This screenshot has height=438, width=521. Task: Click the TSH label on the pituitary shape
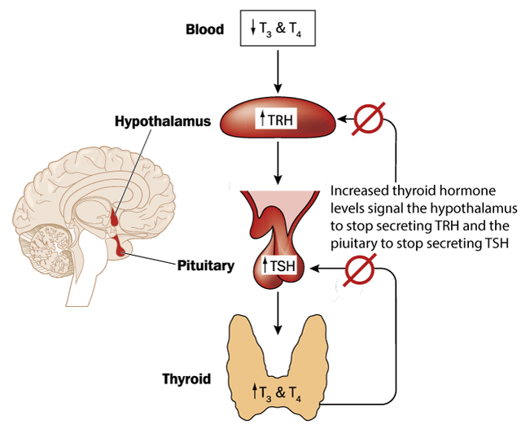click(x=277, y=265)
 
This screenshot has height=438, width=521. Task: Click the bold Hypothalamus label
click(x=163, y=122)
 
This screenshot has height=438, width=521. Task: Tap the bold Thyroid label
click(x=186, y=379)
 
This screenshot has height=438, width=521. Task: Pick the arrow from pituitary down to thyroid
click(x=278, y=313)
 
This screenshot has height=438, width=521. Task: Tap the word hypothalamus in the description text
click(x=460, y=208)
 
